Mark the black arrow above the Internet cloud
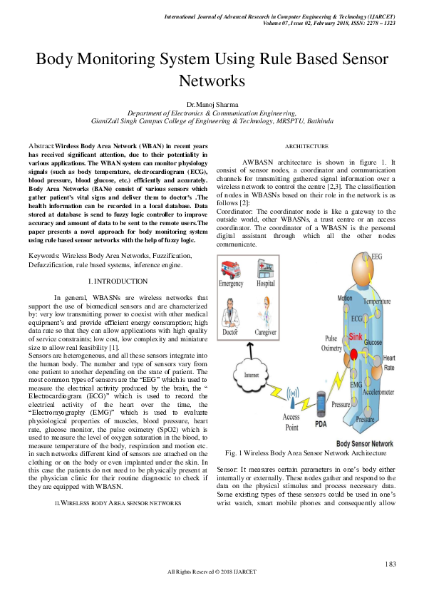coord(252,345)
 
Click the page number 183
coord(390,564)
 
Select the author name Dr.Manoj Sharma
coord(212,105)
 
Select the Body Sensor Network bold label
coord(363,443)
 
